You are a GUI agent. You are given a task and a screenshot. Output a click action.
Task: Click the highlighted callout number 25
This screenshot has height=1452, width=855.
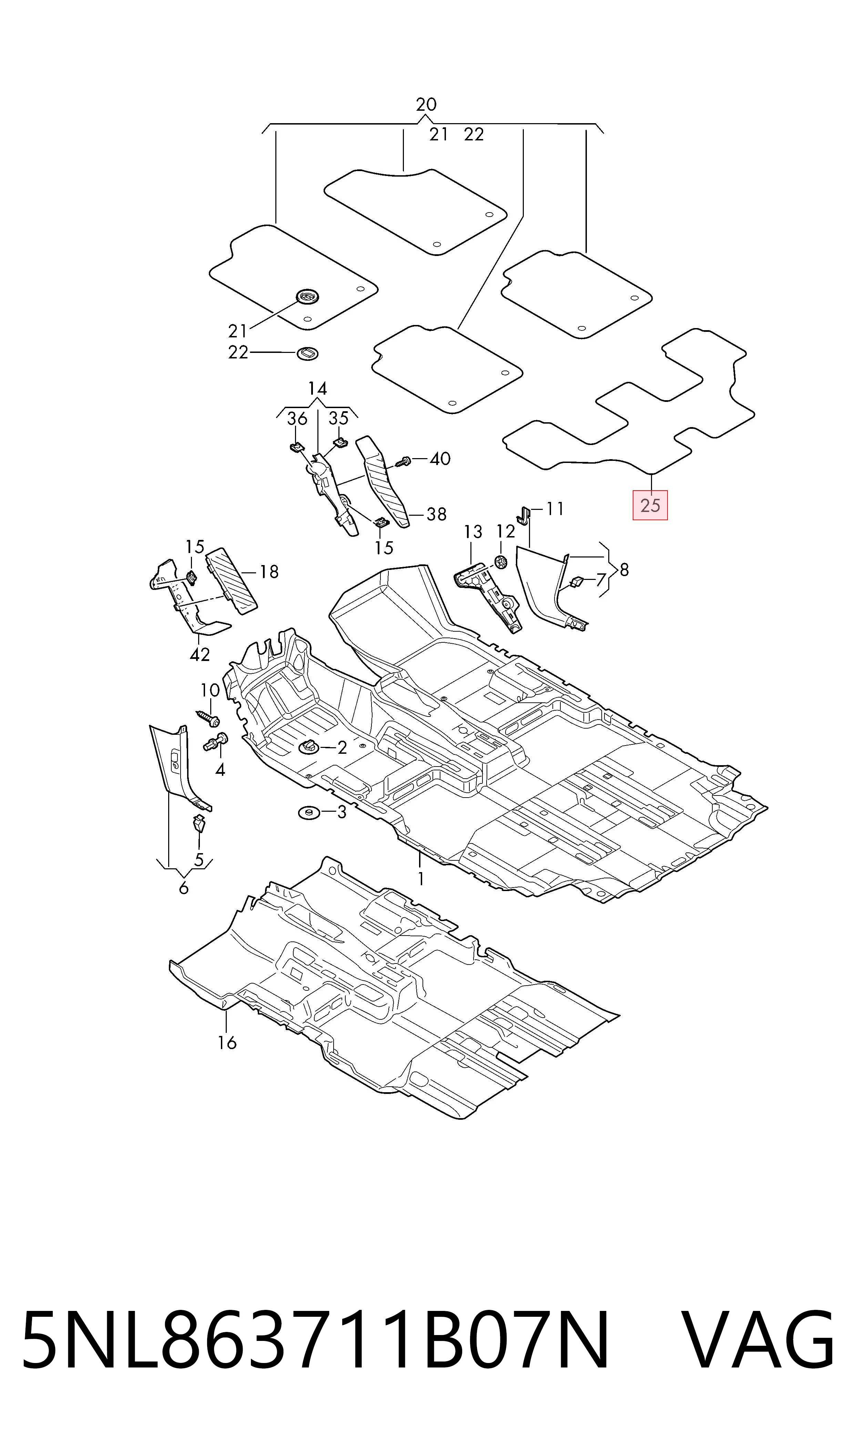[x=650, y=505]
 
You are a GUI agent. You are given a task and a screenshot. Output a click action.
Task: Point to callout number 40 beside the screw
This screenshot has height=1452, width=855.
[x=440, y=459]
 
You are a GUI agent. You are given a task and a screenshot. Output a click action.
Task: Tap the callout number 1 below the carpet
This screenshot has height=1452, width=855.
[x=420, y=878]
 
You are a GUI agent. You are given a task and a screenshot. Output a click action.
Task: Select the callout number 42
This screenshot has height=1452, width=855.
[x=200, y=654]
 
